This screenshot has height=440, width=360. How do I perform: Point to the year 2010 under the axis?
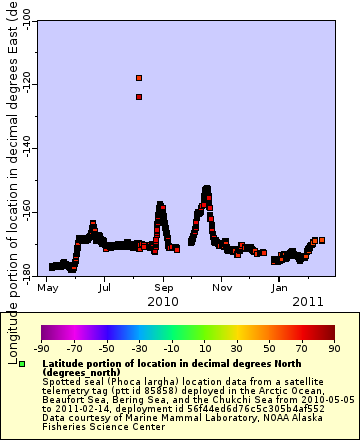163,301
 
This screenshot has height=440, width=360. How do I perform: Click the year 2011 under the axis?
307,301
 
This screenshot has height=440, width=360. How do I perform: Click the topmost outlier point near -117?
139,77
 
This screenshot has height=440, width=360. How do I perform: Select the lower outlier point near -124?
139,97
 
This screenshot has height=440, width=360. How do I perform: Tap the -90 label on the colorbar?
42,348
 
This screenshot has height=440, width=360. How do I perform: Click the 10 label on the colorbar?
203,348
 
